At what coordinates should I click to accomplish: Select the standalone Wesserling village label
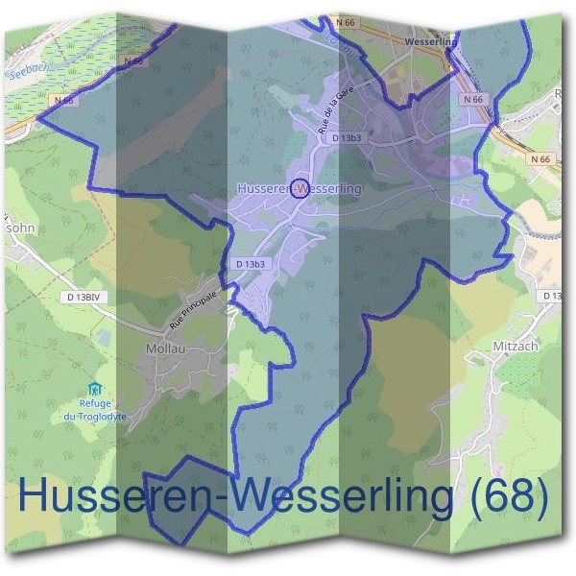(x=429, y=43)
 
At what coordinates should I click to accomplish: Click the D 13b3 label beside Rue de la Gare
(x=346, y=138)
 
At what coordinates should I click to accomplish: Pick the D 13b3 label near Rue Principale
(x=250, y=263)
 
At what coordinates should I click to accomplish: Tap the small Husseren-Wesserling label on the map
(x=299, y=189)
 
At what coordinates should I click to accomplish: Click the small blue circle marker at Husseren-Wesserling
(x=300, y=186)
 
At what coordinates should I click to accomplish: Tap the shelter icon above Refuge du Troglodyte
(x=94, y=388)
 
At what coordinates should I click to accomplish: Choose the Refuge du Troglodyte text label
(x=94, y=410)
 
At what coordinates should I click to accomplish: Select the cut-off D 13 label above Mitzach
(x=550, y=295)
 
